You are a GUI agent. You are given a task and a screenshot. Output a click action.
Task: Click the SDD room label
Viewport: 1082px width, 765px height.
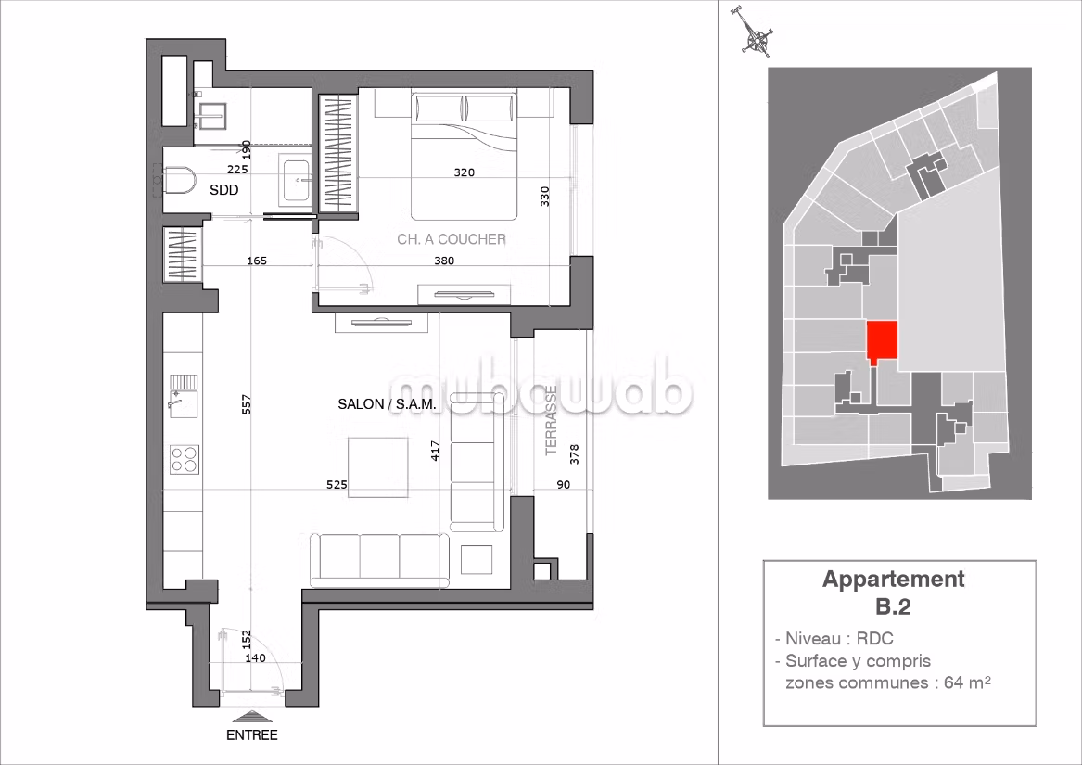tap(224, 190)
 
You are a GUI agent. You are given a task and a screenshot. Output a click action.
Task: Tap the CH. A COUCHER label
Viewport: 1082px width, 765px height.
tap(452, 239)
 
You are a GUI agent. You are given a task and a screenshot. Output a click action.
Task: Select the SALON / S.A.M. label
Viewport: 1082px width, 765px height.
tap(387, 404)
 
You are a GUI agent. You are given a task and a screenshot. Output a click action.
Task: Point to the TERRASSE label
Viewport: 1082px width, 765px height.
tap(552, 420)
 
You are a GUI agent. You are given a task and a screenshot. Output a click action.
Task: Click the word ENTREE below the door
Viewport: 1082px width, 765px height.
tap(252, 735)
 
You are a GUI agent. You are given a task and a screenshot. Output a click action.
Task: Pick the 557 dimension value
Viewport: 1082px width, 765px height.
tap(247, 404)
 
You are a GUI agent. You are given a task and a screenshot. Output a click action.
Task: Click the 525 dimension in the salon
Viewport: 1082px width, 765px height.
tap(337, 485)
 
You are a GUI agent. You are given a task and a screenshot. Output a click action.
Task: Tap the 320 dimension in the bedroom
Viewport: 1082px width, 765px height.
tap(465, 172)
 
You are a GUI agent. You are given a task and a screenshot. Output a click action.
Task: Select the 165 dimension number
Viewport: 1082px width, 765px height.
tap(257, 261)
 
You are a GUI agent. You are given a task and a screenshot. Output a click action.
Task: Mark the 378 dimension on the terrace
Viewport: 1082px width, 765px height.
tap(575, 454)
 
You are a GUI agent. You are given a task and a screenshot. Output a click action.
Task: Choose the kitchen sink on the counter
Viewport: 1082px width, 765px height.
tap(184, 396)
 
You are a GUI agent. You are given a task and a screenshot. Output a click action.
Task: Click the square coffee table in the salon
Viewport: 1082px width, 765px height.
tap(377, 467)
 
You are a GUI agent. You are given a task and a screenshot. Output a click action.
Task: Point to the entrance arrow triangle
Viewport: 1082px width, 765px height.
tap(252, 718)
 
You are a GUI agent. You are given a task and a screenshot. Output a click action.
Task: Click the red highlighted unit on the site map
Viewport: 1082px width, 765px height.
tap(882, 342)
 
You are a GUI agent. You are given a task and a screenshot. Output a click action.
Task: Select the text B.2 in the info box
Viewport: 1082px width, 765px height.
tap(894, 606)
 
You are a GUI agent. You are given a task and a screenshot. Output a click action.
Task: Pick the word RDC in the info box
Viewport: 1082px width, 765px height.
tap(875, 639)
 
